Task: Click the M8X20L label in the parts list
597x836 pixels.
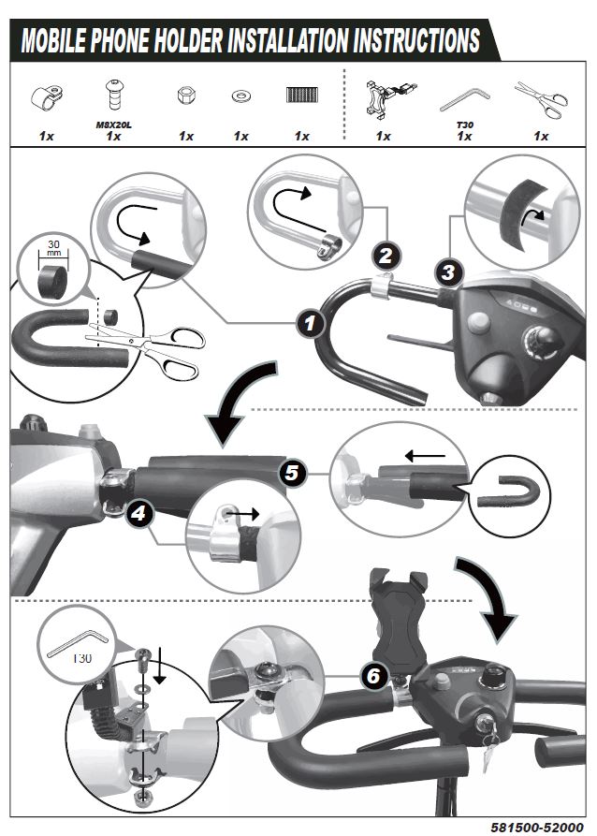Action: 114,124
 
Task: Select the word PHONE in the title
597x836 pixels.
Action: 142,41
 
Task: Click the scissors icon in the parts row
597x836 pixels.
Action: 541,98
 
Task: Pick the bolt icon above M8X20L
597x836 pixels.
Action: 113,96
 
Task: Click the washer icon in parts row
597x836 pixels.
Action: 240,96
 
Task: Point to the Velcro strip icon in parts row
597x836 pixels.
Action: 301,96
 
